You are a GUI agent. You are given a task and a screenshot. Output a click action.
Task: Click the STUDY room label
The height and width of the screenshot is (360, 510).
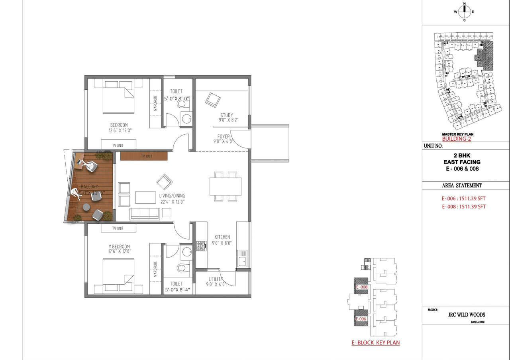[x=226, y=115]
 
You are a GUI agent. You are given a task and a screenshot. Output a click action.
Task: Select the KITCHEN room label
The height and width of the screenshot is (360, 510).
[x=222, y=237]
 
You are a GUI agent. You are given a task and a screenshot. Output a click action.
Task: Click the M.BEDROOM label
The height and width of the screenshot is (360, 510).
[x=120, y=246]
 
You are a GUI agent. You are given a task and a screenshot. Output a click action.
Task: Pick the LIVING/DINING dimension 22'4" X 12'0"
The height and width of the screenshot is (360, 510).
[x=172, y=202]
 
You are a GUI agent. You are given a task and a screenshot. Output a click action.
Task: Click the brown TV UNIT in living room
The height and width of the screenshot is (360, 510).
[x=144, y=156]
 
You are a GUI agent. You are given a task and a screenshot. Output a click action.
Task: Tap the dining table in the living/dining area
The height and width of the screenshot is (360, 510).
[x=225, y=186]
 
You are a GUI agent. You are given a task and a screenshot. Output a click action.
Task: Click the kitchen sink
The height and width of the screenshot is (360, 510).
[x=241, y=261]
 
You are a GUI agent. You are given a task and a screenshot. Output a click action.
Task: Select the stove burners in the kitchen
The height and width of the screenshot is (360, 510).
[x=200, y=246]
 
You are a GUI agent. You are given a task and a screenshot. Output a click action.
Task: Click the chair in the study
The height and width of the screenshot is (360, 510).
[x=212, y=99]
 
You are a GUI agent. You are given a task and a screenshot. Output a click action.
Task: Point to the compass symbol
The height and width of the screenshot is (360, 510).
[x=464, y=12]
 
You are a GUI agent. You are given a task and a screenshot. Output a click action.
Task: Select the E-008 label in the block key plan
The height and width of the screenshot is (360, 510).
[x=361, y=287]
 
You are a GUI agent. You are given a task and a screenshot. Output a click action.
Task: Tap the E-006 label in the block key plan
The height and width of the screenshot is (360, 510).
[x=361, y=319]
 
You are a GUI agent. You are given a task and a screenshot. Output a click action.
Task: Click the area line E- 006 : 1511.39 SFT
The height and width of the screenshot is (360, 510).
[x=463, y=198]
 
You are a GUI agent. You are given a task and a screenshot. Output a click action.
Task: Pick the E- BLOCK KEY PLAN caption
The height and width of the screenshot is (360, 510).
[x=375, y=342]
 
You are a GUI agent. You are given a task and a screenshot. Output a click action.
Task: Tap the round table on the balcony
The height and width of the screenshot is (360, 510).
[x=86, y=207]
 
